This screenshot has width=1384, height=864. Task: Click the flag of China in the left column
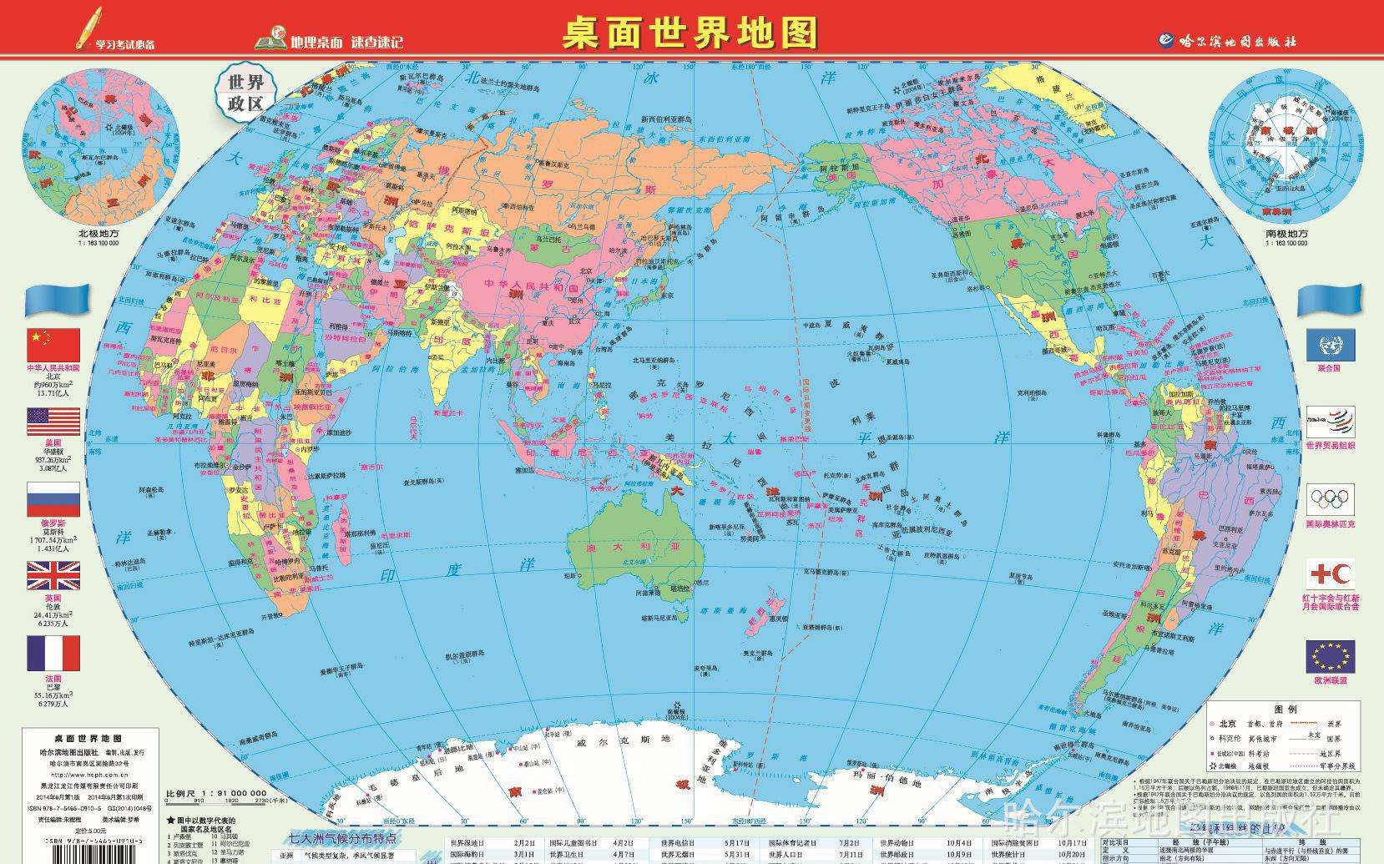pyautogui.click(x=53, y=344)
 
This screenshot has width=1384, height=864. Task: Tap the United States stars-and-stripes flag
pyautogui.click(x=53, y=422)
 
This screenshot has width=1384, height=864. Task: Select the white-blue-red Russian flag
pyautogui.click(x=53, y=499)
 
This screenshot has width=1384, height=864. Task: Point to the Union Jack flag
pyautogui.click(x=53, y=577)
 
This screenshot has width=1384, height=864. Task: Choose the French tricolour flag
pyautogui.click(x=53, y=654)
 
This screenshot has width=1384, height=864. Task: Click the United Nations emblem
pyautogui.click(x=1331, y=346)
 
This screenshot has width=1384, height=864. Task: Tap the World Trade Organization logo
pyautogui.click(x=1331, y=422)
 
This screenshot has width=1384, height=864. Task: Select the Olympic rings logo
pyautogui.click(x=1331, y=500)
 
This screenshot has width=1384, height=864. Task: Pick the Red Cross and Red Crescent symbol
pyautogui.click(x=1331, y=576)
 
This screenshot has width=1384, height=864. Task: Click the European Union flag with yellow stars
pyautogui.click(x=1331, y=656)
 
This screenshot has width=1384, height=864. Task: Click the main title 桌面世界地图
pyautogui.click(x=689, y=33)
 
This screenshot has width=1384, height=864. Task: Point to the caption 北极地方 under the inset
pyautogui.click(x=98, y=234)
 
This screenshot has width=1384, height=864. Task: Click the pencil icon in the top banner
pyautogui.click(x=87, y=27)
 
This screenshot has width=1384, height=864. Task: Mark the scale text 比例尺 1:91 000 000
pyautogui.click(x=216, y=793)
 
